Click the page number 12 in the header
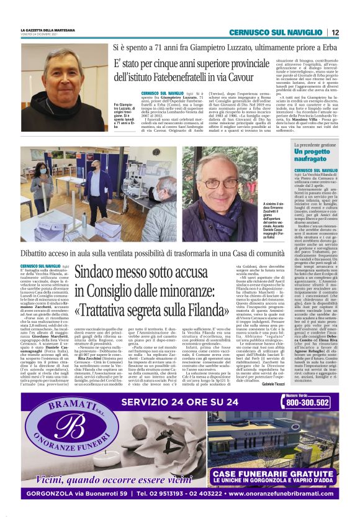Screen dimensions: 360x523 [x=335, y=32]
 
